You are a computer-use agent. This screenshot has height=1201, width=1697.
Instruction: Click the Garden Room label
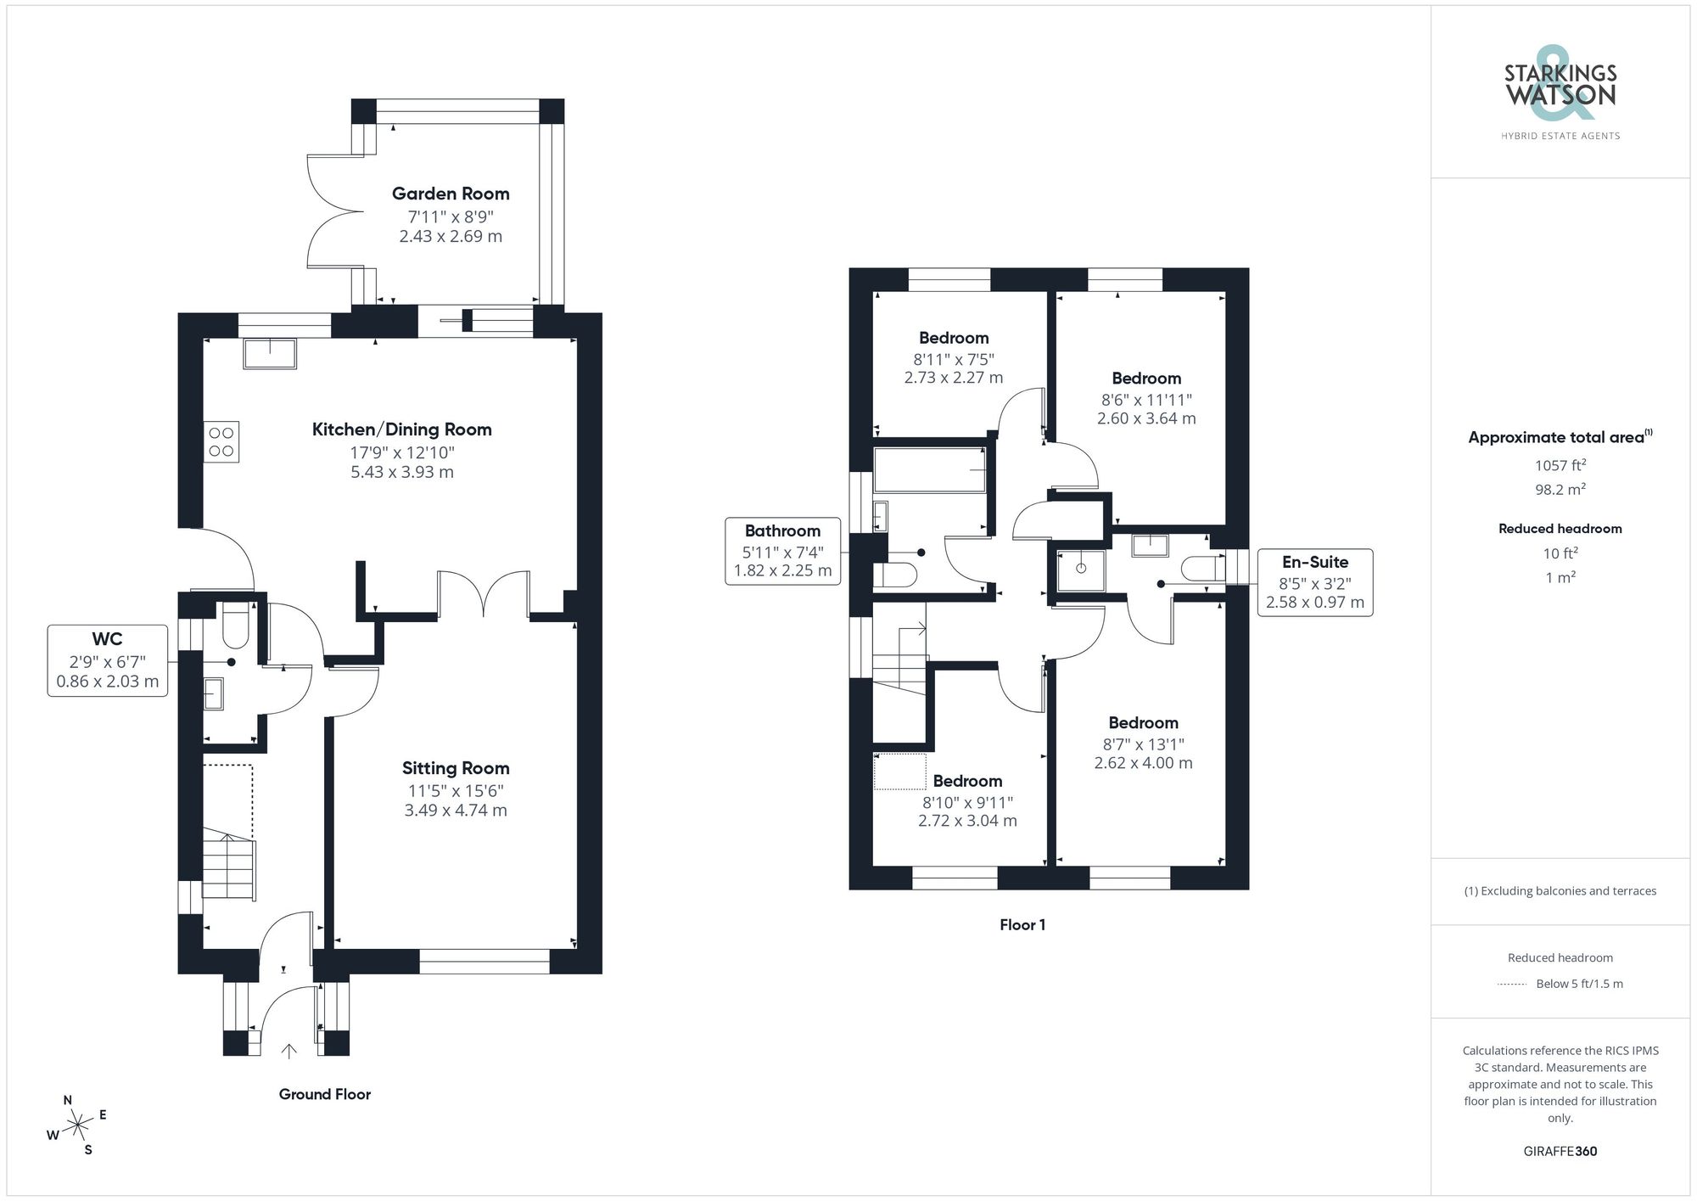[451, 194]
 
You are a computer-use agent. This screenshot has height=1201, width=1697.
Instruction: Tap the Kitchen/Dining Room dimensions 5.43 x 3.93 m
[402, 473]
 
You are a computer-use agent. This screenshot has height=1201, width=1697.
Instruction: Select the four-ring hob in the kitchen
[221, 442]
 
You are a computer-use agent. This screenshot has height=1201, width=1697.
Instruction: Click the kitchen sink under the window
[270, 354]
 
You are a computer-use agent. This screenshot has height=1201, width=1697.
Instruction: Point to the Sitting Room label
[456, 768]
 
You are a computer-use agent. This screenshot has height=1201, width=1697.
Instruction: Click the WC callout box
[107, 660]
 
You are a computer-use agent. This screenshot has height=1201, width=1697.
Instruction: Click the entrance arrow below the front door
[288, 1052]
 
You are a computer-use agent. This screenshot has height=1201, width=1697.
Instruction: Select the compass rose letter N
[68, 1100]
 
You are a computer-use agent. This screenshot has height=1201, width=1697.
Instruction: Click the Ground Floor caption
[325, 1094]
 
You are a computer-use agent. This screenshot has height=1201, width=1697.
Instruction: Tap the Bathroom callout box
[782, 551]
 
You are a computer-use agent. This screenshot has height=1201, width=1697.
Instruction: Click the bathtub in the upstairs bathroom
[929, 470]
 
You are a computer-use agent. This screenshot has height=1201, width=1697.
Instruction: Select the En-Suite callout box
[1314, 582]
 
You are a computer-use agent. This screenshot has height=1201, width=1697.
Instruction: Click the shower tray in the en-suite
[1081, 570]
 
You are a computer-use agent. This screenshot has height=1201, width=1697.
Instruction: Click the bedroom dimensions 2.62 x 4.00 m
[1143, 763]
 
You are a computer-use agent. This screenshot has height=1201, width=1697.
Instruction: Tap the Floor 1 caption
[1022, 924]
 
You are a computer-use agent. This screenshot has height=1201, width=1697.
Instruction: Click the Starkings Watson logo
[1560, 89]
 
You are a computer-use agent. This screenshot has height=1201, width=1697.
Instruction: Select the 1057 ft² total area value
[1560, 465]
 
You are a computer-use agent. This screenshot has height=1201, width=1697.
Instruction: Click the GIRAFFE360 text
[1560, 1152]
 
